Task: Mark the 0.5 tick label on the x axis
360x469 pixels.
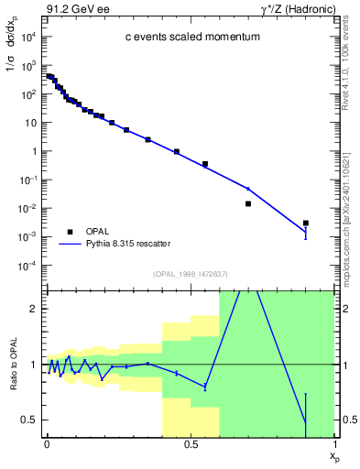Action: (x=190, y=443)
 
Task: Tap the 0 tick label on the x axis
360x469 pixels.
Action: (x=47, y=443)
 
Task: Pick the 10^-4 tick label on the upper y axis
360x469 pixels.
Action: (x=27, y=266)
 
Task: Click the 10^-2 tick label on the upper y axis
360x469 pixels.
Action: (x=27, y=209)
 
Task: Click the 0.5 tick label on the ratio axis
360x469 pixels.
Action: (x=27, y=420)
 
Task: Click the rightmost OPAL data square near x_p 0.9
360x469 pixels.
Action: (x=306, y=223)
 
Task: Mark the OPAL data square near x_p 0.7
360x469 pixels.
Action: (x=248, y=203)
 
